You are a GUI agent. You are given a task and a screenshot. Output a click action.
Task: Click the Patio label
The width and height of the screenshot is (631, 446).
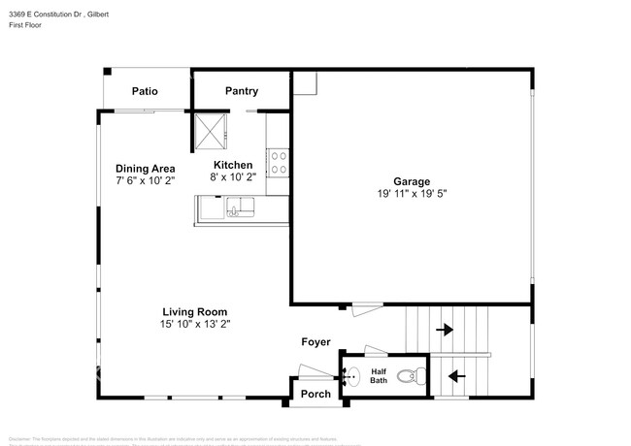tap(146, 92)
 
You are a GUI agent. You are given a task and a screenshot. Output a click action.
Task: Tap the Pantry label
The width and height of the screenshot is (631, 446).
tap(242, 91)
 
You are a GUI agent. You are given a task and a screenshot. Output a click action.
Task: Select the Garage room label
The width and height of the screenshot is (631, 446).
tap(411, 181)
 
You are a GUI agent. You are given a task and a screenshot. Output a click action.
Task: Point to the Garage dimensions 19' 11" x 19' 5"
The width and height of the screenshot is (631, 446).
tap(411, 194)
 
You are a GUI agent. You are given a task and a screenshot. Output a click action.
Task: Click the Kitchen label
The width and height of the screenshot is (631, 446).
tap(232, 165)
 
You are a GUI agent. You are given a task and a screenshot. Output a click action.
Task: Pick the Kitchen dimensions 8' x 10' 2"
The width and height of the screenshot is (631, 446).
tap(232, 177)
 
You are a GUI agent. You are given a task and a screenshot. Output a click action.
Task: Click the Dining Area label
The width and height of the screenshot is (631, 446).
tap(146, 168)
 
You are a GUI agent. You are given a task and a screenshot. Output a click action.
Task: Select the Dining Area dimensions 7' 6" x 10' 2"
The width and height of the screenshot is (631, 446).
tap(146, 180)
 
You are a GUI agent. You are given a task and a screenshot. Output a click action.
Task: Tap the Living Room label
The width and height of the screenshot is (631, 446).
tap(195, 311)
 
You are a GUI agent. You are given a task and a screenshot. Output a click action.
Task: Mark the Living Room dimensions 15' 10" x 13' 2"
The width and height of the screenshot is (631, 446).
tap(195, 324)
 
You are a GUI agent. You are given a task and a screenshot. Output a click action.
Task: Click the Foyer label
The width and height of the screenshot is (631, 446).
tap(315, 342)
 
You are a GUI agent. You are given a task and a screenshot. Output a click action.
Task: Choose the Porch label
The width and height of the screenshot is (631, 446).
tap(315, 394)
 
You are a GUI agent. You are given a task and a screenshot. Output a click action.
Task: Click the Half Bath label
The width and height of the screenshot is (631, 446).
tap(379, 375)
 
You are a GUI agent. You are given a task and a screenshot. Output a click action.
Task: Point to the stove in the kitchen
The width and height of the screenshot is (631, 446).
tap(279, 162)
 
